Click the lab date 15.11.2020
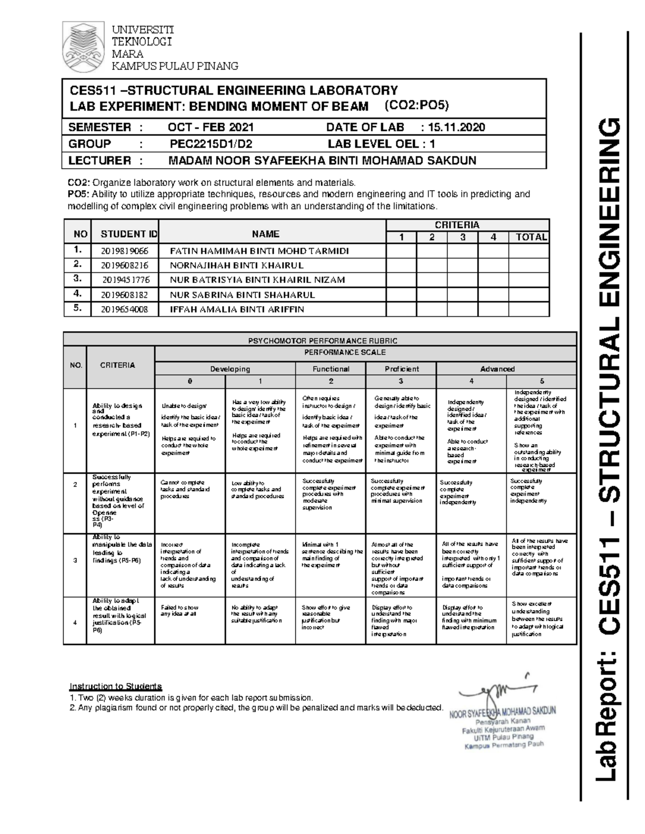pos(456,127)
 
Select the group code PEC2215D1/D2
pos(211,144)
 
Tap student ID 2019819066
pos(125,251)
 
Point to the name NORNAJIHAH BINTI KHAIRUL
pos(236,265)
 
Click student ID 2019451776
pos(126,280)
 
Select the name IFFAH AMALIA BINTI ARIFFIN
pos(236,309)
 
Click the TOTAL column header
pos(531,237)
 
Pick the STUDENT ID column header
pos(129,234)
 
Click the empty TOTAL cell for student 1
pos(529,251)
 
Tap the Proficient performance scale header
pos(402,369)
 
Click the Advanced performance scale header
pos(497,369)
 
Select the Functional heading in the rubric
pos(331,369)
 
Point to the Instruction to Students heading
pos(115,686)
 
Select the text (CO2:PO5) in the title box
pos(417,105)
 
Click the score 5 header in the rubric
pos(542,381)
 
